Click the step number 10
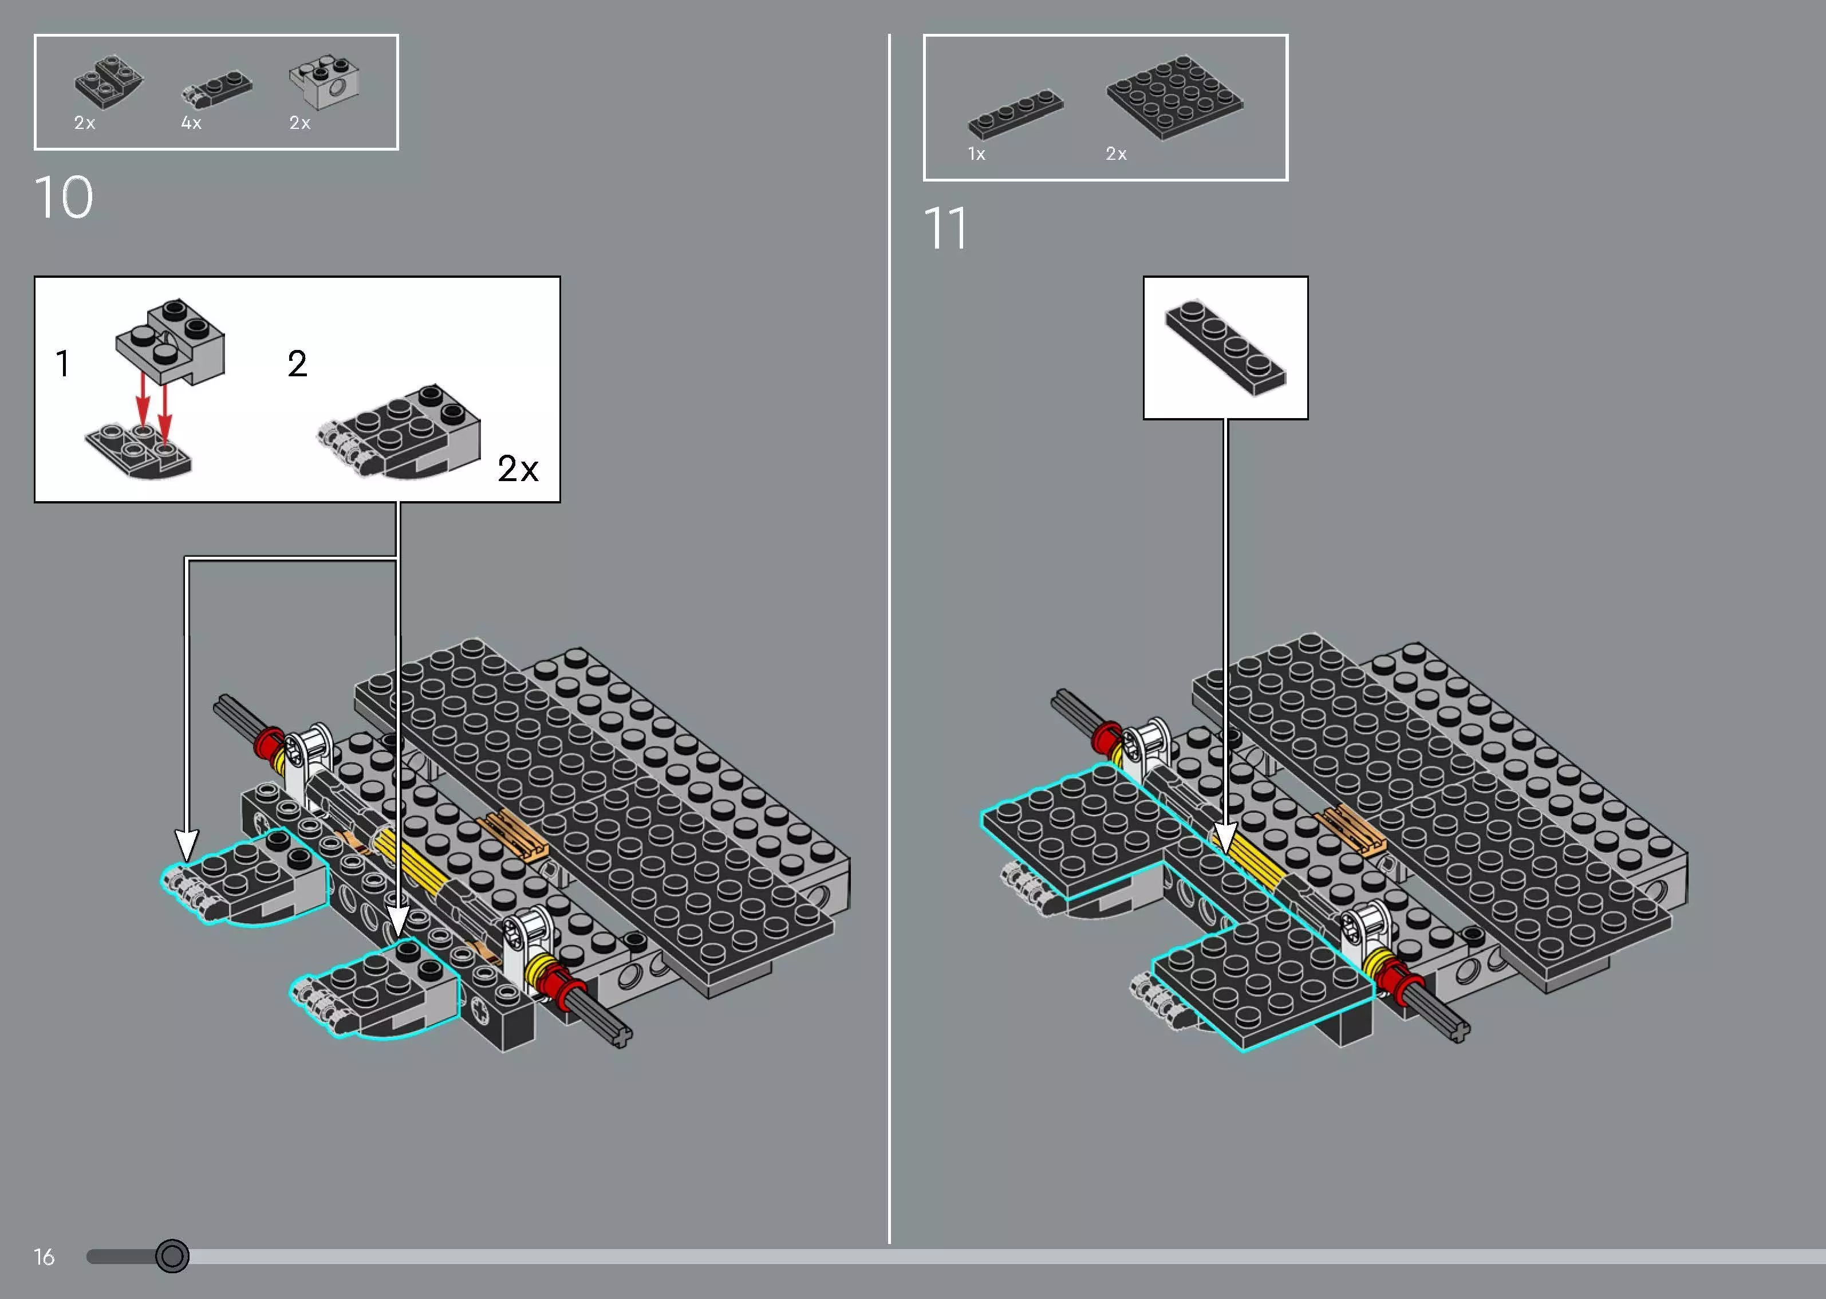tap(64, 198)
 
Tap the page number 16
tap(44, 1257)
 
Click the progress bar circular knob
tap(172, 1256)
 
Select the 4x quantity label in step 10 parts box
tap(191, 123)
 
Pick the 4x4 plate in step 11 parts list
tap(1174, 97)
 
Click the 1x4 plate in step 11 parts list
tap(1015, 115)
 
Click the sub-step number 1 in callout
tap(63, 364)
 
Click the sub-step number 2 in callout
tap(297, 364)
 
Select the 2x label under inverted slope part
tap(85, 123)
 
